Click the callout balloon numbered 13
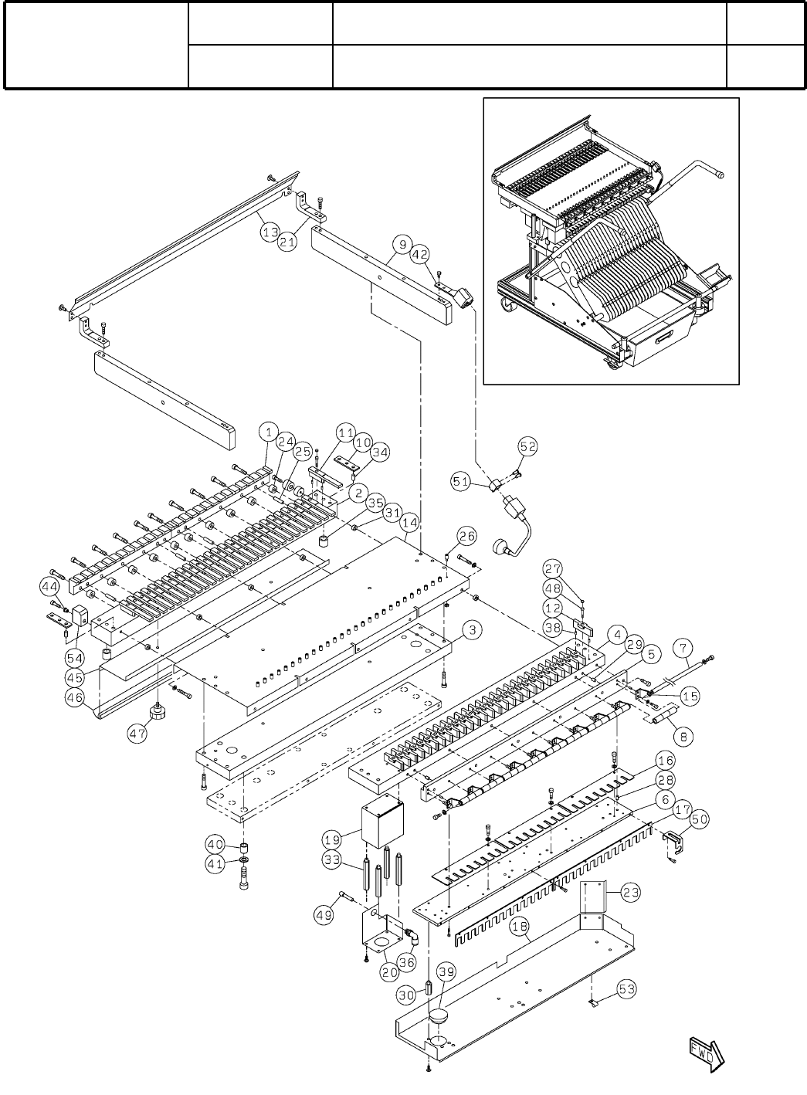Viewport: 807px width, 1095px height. coord(269,230)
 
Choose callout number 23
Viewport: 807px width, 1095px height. coord(631,893)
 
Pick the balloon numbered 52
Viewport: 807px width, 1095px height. coord(527,446)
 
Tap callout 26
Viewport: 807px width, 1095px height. coord(466,535)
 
